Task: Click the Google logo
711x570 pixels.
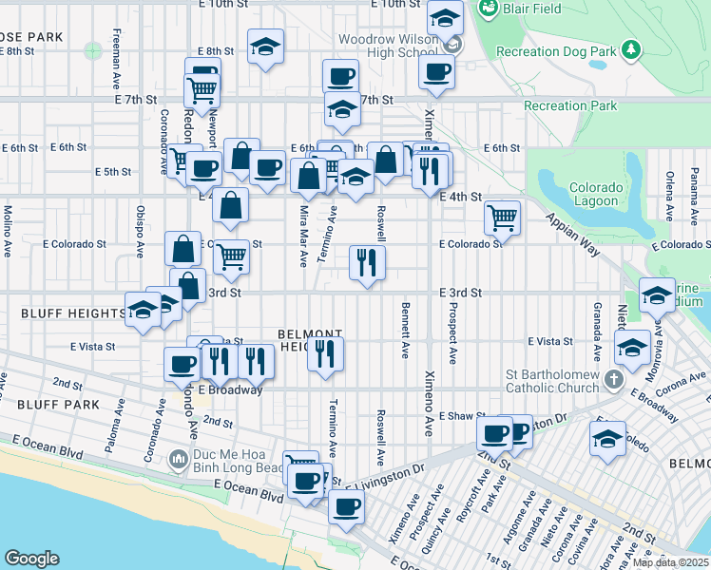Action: (x=31, y=558)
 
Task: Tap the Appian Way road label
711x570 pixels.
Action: (x=573, y=235)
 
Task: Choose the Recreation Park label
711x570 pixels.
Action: (x=570, y=106)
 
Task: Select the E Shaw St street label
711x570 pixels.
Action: (x=462, y=416)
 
